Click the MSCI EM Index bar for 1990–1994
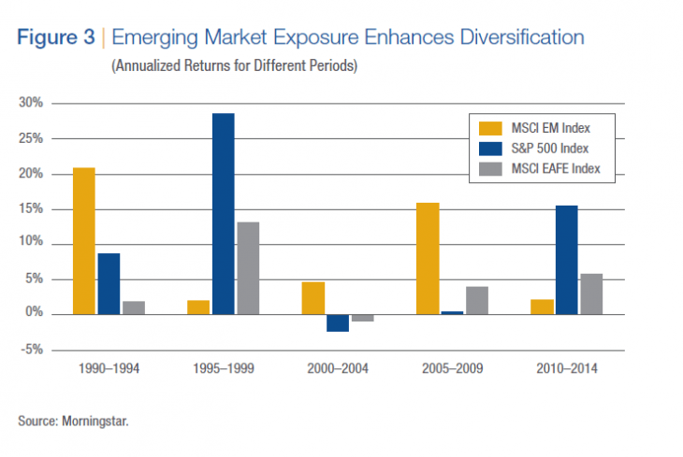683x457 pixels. (83, 241)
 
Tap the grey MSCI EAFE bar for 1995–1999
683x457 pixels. (248, 267)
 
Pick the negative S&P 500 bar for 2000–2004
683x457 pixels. (337, 322)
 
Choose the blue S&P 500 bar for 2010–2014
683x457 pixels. (566, 260)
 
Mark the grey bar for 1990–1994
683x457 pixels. (134, 307)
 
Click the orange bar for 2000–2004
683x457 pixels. (312, 298)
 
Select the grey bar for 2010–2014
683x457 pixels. (591, 293)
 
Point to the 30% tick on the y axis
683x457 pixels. (30, 103)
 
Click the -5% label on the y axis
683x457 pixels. (30, 350)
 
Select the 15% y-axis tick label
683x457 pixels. (30, 208)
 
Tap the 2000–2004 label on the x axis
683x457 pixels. (337, 368)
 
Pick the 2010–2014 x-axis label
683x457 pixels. (566, 368)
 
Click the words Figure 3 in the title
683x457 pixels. (55, 38)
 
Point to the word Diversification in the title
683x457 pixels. (519, 38)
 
